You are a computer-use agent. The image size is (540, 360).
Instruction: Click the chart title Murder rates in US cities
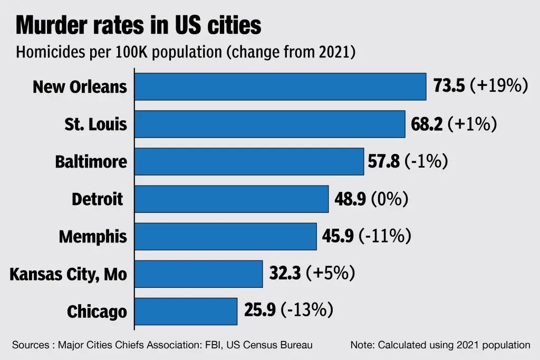pyautogui.click(x=138, y=25)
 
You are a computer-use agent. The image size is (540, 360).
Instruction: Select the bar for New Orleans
pyautogui.click(x=280, y=86)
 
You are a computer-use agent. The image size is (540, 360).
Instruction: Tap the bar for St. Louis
pyautogui.click(x=269, y=124)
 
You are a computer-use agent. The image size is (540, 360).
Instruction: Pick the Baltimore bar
pyautogui.click(x=249, y=161)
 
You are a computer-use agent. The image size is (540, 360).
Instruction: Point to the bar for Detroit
pyautogui.click(x=232, y=199)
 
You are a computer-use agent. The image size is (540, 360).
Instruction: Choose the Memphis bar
pyautogui.click(x=226, y=236)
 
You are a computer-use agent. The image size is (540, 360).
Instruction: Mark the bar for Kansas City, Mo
pyautogui.click(x=199, y=274)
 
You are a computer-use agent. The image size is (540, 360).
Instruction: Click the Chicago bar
pyautogui.click(x=186, y=311)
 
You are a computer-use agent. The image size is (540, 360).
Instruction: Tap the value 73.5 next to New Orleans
pyautogui.click(x=449, y=86)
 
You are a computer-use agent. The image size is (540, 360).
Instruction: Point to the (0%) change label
pyautogui.click(x=390, y=199)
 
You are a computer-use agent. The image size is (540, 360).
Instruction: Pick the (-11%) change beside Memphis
pyautogui.click(x=384, y=236)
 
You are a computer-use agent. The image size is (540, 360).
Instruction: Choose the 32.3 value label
pyautogui.click(x=285, y=274)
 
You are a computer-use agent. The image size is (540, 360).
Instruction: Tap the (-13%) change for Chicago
pyautogui.click(x=306, y=311)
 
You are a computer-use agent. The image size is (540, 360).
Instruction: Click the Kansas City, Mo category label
pyautogui.click(x=69, y=274)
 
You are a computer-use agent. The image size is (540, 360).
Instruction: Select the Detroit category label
pyautogui.click(x=98, y=199)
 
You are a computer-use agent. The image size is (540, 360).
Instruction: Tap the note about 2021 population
pyautogui.click(x=440, y=345)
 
